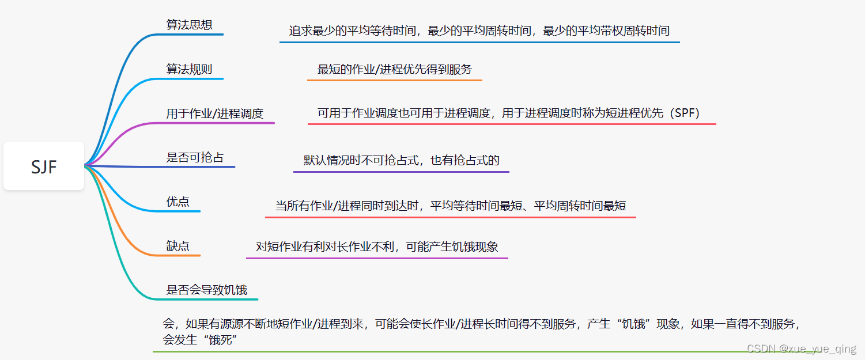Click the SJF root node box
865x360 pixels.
[44, 166]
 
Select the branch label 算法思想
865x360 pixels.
[189, 25]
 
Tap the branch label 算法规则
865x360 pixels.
[189, 69]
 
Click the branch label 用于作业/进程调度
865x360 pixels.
[214, 113]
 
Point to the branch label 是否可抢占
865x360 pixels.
[195, 157]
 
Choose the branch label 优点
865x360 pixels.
[177, 202]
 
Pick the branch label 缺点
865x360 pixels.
[177, 246]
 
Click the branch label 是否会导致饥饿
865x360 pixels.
[206, 290]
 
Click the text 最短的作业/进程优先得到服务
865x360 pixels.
[394, 69]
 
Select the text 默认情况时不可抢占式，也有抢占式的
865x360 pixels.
[401, 160]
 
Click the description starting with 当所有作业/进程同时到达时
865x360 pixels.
[450, 206]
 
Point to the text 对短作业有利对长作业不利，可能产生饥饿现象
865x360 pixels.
[377, 247]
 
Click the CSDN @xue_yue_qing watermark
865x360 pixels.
[801, 349]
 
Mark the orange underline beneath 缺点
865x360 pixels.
[183, 255]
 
